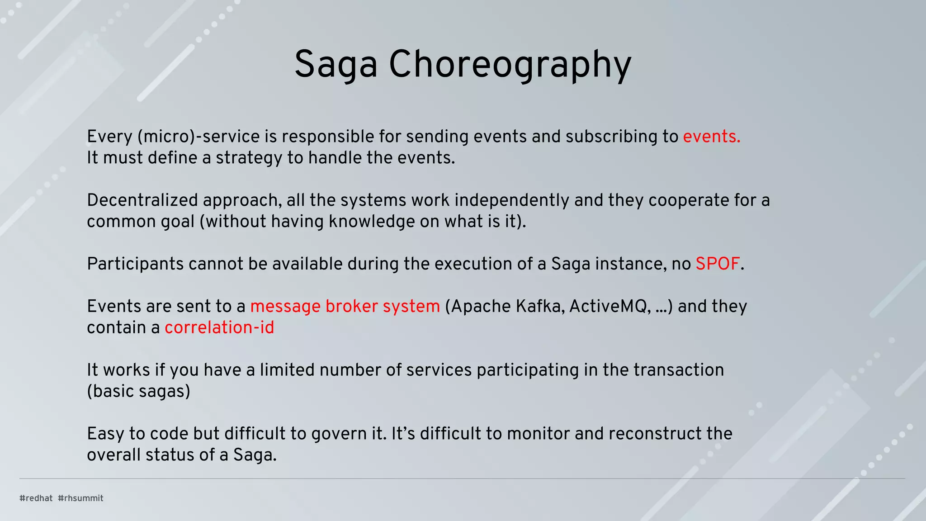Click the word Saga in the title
(x=335, y=65)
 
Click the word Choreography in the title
(x=510, y=65)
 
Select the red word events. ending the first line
(x=711, y=137)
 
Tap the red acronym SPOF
(x=718, y=264)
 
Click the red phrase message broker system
(x=345, y=307)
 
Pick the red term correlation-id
(x=219, y=327)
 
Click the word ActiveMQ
(x=610, y=307)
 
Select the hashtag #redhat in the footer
(x=36, y=498)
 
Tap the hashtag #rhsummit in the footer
(x=80, y=498)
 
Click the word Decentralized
(x=143, y=200)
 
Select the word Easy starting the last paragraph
(x=105, y=434)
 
